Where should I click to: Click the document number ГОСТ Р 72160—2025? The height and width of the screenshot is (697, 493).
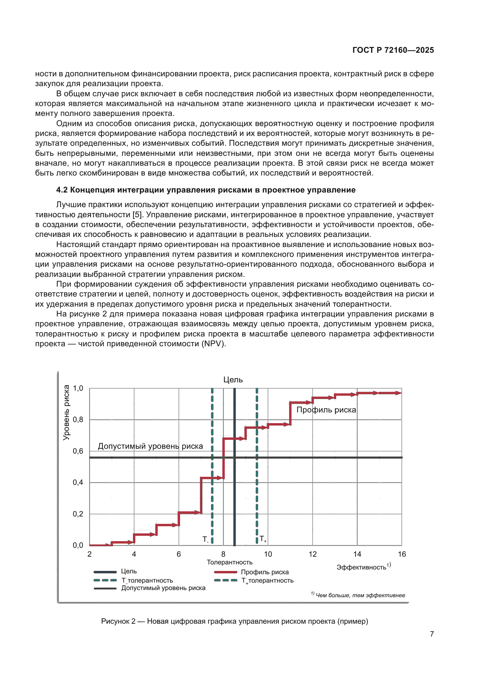(393, 50)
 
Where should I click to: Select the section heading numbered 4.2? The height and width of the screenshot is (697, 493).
(206, 190)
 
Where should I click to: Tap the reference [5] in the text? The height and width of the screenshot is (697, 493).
(137, 215)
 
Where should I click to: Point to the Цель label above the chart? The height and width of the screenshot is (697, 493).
(233, 379)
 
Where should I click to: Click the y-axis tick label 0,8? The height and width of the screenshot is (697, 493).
(78, 420)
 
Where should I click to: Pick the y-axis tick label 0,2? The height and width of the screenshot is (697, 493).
(78, 514)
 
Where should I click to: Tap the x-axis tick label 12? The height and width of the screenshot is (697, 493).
(312, 554)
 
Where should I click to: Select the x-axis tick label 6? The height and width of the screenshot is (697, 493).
(179, 554)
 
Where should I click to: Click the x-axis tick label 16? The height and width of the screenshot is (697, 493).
(401, 554)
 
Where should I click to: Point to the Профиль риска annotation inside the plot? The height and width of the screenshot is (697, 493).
(326, 410)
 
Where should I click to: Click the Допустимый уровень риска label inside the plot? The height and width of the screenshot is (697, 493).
(150, 446)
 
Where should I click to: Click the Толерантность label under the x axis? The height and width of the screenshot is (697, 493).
(230, 562)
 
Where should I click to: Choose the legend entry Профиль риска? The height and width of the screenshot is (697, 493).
(264, 572)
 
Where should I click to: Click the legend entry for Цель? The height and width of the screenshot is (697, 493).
(129, 571)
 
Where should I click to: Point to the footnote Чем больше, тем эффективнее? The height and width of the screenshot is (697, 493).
(360, 595)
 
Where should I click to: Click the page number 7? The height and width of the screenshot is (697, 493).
(432, 634)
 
